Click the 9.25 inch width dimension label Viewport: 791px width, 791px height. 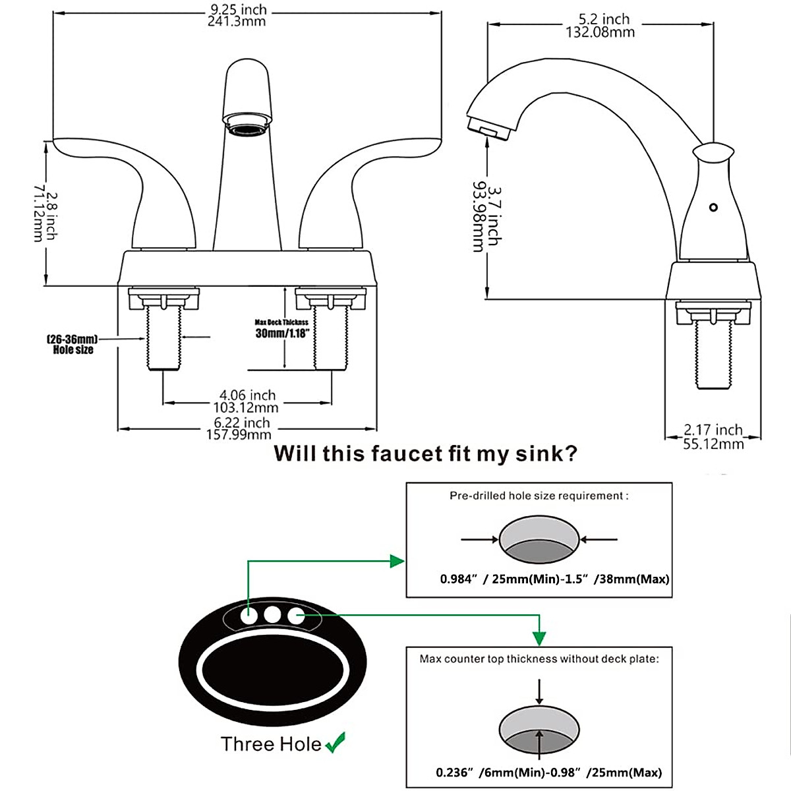point(238,15)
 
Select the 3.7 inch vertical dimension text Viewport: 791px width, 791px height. point(486,217)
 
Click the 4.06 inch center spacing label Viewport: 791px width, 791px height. point(247,401)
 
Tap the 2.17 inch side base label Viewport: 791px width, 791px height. point(713,436)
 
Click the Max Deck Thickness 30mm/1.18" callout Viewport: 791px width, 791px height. point(282,329)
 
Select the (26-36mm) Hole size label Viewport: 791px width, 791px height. point(73,344)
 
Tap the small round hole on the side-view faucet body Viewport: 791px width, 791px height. point(712,208)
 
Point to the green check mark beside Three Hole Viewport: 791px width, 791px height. point(336,743)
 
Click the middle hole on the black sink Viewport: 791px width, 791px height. point(272,615)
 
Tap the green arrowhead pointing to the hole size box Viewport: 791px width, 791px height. point(397,561)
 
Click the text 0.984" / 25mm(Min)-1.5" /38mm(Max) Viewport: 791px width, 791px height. point(554,579)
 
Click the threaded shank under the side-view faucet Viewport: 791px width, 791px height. point(713,359)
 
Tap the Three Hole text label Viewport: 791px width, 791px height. point(271,744)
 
